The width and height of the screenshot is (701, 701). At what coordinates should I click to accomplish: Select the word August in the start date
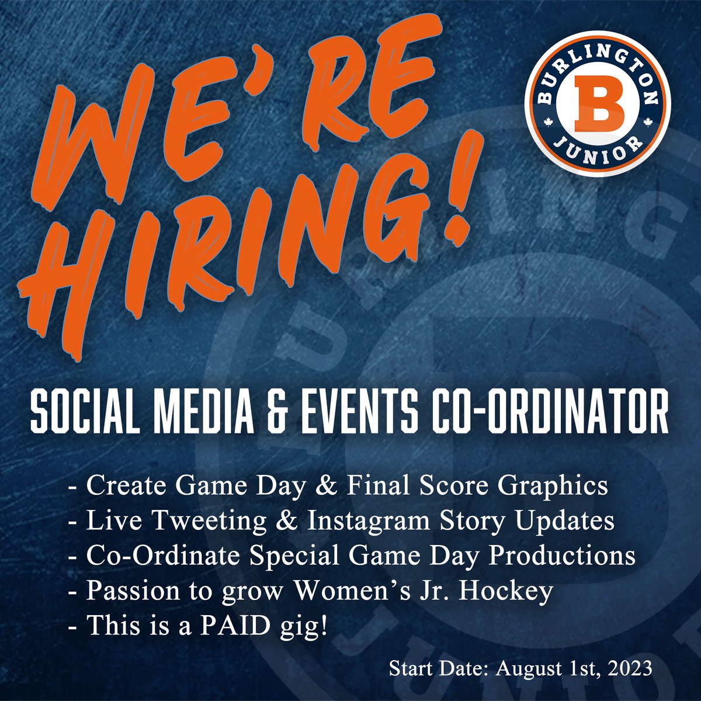click(x=517, y=668)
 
